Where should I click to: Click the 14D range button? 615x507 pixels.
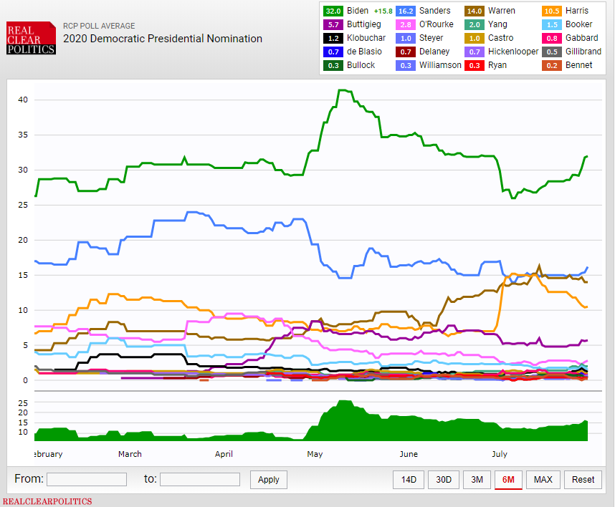409,479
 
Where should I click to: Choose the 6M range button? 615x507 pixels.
508,479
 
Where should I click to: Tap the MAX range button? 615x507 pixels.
543,479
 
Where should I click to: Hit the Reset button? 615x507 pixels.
583,479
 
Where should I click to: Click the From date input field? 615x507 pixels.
87,479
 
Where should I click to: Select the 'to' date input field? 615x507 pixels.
200,479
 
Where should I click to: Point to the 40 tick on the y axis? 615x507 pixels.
23,100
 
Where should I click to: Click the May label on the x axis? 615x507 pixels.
315,454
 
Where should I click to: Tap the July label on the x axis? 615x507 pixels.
500,454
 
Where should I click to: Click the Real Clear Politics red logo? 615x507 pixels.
31,38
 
